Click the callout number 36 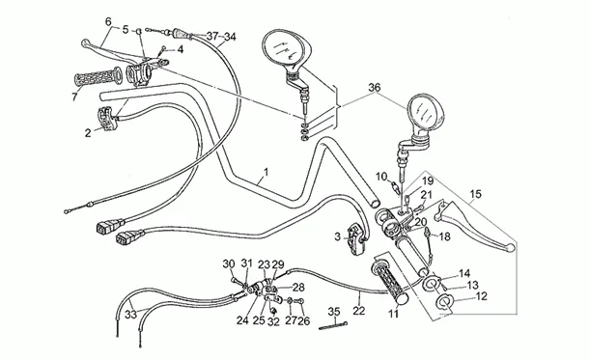[374, 88]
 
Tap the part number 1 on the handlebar [266, 173]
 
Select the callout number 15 [475, 194]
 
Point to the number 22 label [359, 311]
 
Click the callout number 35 [334, 312]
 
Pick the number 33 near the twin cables [130, 315]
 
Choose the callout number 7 [74, 97]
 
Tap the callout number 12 [481, 296]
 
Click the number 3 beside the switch [337, 236]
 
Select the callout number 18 [444, 236]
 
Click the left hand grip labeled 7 [98, 77]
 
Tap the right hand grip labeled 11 [390, 282]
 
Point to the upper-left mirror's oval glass [284, 49]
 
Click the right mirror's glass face [425, 112]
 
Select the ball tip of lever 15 [510, 248]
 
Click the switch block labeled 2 [108, 119]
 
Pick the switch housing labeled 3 [356, 238]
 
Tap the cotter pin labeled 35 [333, 325]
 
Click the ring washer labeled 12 [445, 302]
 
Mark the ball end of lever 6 [85, 43]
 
